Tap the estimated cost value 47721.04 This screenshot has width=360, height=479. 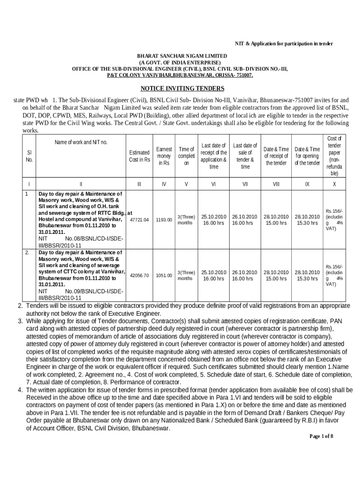click(139, 219)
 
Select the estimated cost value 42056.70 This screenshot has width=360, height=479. click(139, 276)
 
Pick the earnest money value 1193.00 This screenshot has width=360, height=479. click(164, 219)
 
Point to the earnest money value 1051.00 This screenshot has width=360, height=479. click(164, 276)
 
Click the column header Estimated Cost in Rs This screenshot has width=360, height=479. click(139, 156)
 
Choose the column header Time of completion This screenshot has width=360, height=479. click(186, 156)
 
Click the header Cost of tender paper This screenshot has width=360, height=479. click(334, 156)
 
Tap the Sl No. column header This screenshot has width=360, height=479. click(29, 156)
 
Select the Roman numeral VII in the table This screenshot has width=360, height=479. click(245, 184)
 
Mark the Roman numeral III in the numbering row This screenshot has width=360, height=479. click(139, 184)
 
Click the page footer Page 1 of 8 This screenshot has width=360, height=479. click(321, 436)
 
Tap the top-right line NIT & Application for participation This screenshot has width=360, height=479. click(283, 44)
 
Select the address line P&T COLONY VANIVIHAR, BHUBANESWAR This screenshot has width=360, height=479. click(180, 75)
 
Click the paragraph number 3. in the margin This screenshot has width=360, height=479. click(21, 321)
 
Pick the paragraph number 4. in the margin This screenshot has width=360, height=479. click(21, 390)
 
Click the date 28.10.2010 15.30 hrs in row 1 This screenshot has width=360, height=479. click(307, 220)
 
